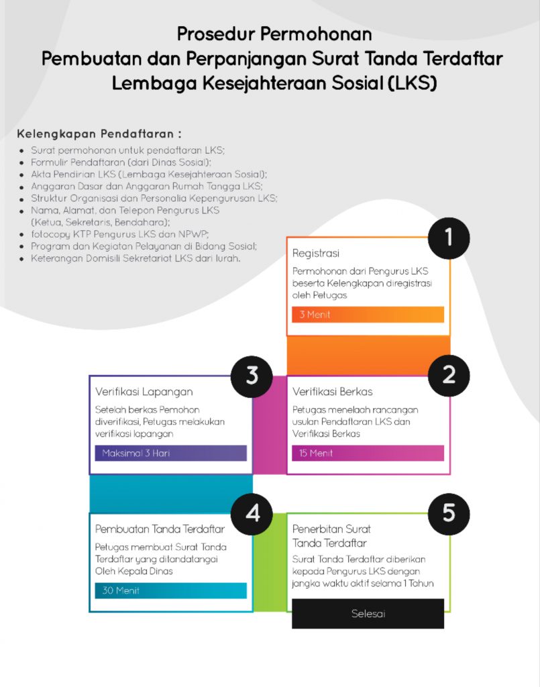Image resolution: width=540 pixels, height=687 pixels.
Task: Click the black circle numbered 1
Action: tap(449, 237)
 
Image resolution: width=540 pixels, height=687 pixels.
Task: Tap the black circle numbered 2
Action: tap(449, 375)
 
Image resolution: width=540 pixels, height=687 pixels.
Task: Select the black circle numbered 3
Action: tap(252, 375)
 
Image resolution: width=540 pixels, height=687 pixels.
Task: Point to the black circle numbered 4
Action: tap(252, 513)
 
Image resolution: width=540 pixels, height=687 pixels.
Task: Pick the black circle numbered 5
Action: tap(449, 513)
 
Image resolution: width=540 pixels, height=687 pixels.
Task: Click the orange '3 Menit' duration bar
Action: tap(368, 315)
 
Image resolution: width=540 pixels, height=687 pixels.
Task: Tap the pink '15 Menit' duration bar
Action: tap(368, 454)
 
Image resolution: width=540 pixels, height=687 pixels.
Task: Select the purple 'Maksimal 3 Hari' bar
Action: tap(170, 454)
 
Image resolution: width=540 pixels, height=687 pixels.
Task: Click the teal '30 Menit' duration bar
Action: tap(170, 591)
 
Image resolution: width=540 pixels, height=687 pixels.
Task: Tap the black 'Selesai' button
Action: tap(368, 614)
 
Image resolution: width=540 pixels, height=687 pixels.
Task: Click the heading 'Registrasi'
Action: tap(316, 254)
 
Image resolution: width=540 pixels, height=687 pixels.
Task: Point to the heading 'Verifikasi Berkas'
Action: tap(332, 392)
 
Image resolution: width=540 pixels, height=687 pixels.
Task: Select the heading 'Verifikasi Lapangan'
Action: tap(144, 392)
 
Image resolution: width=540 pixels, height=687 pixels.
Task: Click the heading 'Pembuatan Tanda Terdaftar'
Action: tap(160, 529)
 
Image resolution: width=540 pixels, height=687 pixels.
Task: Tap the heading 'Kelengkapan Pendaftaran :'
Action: tap(99, 133)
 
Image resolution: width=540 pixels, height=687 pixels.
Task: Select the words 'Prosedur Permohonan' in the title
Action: tap(274, 34)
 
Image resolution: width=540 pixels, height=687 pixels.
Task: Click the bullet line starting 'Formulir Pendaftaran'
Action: tap(121, 162)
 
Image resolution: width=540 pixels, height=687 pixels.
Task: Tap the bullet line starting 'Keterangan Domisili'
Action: tap(135, 258)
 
